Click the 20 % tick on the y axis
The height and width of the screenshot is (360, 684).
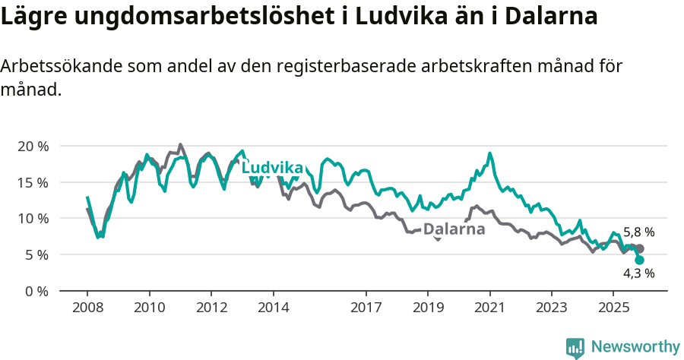(x=33, y=146)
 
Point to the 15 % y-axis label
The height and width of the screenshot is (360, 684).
(x=33, y=182)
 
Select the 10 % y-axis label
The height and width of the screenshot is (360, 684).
(x=33, y=219)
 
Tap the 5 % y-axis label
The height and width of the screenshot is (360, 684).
(x=36, y=254)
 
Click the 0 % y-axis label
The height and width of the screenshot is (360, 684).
(x=36, y=291)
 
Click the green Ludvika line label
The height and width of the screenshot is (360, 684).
(x=273, y=168)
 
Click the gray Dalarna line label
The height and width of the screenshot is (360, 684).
(x=454, y=229)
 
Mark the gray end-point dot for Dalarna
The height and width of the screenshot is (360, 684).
(x=640, y=249)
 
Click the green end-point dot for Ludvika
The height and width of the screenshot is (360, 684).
(x=640, y=260)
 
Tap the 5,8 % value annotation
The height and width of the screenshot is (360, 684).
(x=638, y=232)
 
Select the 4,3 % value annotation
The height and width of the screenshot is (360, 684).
(x=638, y=274)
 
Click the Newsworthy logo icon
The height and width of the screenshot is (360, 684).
(x=575, y=347)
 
